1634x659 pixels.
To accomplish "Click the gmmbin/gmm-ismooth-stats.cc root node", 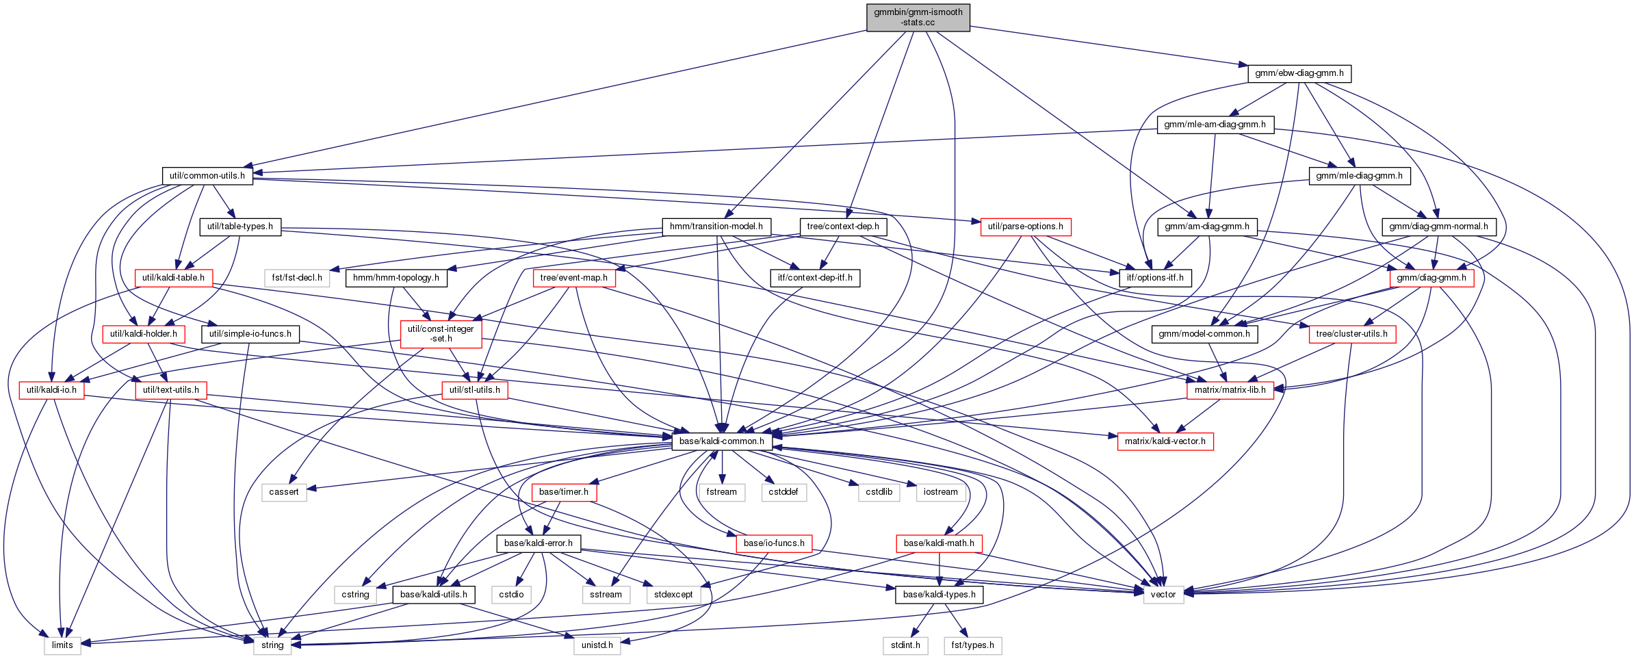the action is point(918,17).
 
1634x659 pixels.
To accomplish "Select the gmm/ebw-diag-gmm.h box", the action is point(1299,73).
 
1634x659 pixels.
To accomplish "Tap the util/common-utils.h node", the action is point(207,176).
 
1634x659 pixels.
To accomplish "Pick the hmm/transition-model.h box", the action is point(716,227).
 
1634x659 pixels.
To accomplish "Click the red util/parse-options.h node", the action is point(1026,227).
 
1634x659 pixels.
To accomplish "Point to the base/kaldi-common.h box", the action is point(722,441).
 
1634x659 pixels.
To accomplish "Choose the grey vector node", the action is point(1163,595).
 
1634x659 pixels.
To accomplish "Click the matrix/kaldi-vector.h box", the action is point(1165,441).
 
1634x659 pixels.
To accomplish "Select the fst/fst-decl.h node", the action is point(297,278).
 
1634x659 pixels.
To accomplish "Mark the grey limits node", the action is point(62,645).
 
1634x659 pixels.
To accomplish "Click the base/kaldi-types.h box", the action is point(939,595).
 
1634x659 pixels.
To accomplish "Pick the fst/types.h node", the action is point(973,645).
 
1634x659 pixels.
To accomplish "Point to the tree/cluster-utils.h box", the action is point(1352,334).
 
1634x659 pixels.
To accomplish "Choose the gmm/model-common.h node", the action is point(1205,334).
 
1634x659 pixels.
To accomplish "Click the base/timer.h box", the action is point(564,492).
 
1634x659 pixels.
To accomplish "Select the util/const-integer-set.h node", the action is point(441,334).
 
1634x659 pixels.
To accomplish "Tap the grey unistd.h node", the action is point(597,645).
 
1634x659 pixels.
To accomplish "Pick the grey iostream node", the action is point(941,492).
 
